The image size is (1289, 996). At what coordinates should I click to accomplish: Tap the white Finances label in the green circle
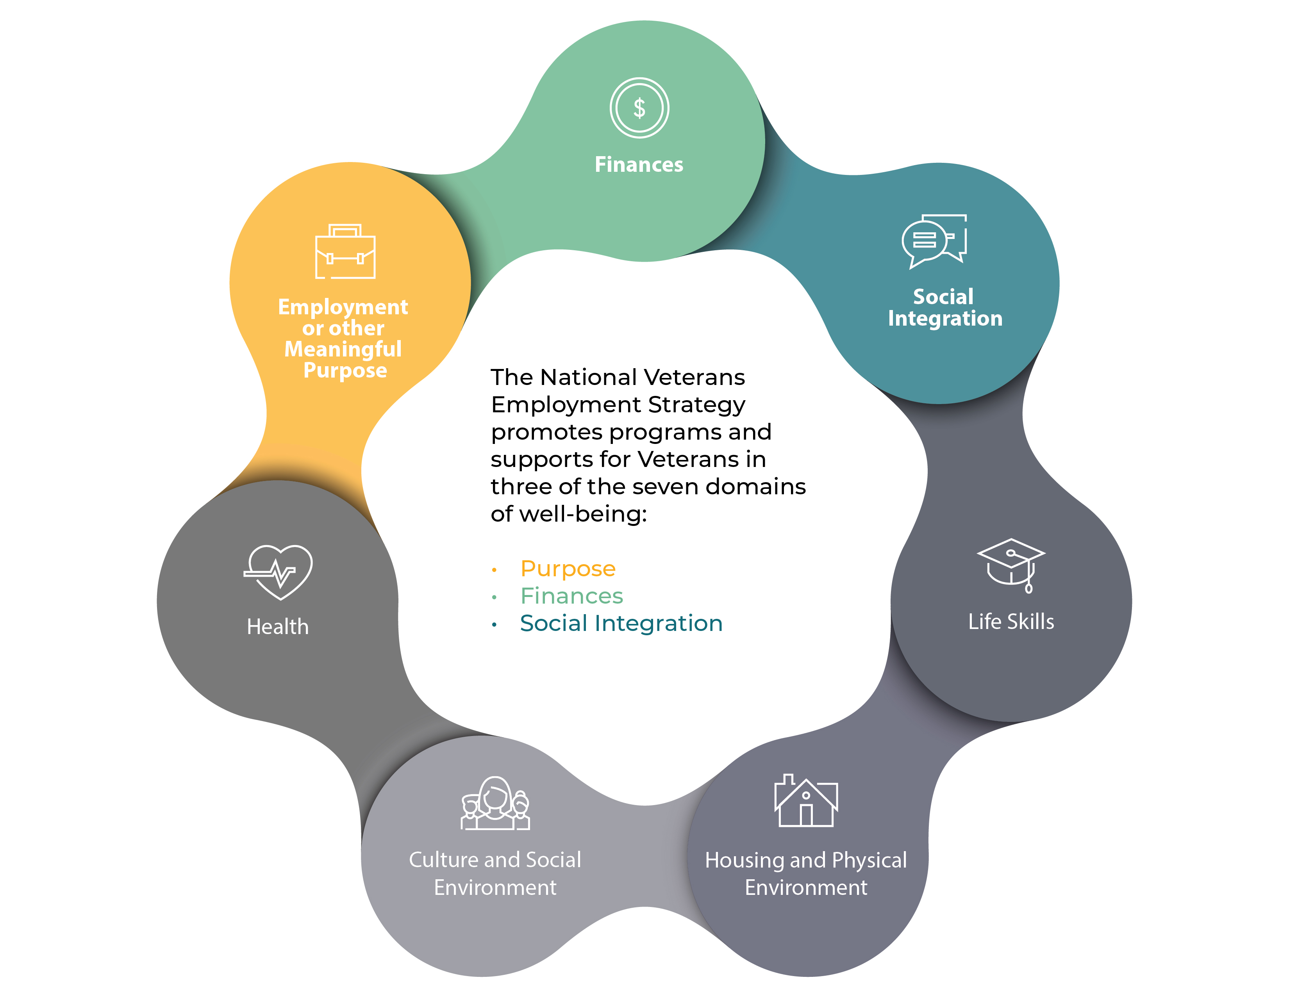(639, 165)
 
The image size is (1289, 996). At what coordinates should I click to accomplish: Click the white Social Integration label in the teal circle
(944, 307)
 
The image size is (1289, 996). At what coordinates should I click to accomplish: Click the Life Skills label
(1010, 621)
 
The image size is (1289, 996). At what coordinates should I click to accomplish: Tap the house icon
(805, 801)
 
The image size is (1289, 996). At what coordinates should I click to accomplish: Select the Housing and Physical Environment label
(805, 873)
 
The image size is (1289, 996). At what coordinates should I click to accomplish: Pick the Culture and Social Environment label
(495, 873)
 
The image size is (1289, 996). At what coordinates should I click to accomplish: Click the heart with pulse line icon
(278, 571)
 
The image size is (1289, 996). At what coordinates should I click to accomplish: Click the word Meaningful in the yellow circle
(343, 349)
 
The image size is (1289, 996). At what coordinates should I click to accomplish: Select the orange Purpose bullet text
(568, 569)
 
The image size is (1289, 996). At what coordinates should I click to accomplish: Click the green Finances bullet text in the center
(571, 596)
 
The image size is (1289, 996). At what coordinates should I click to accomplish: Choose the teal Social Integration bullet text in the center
(621, 624)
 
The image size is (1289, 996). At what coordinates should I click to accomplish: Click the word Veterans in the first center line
(694, 377)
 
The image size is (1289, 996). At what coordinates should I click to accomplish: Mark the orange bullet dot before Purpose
(494, 570)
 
